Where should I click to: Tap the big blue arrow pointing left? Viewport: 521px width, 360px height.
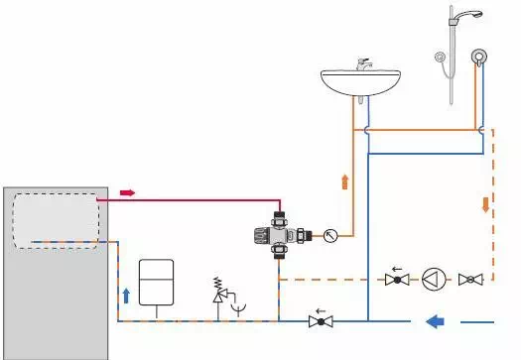pos(435,319)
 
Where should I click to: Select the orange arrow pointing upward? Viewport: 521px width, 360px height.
pos(344,181)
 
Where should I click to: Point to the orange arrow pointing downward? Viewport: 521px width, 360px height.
pos(485,204)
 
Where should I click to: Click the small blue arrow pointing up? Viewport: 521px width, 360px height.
pos(125,295)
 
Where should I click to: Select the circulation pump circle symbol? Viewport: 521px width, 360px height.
pos(435,280)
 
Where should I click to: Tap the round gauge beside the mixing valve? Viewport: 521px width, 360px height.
pos(329,236)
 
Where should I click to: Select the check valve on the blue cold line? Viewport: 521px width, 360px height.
pos(319,319)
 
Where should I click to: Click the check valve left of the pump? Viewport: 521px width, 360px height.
pos(397,280)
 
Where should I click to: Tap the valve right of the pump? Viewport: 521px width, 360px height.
pos(471,280)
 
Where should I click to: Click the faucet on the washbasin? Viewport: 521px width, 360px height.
pos(362,65)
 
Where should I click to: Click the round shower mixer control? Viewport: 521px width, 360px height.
pos(479,58)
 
